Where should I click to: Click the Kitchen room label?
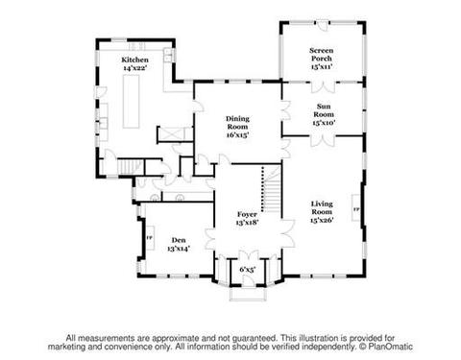134,60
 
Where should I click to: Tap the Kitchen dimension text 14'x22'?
134,68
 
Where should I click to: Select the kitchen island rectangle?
132,102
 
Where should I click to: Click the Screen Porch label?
322,55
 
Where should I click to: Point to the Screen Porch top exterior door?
323,26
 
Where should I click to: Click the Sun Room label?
324,110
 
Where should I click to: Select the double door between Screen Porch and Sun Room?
323,87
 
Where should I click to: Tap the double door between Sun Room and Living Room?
324,141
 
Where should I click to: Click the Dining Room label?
237,123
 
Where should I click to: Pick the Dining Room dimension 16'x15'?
237,135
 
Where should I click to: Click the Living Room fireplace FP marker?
356,209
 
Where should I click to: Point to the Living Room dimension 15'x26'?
322,220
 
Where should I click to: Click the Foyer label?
247,214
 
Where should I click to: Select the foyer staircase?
272,189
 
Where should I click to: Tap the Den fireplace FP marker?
149,237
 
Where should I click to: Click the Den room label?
179,240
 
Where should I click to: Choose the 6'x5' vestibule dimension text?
248,270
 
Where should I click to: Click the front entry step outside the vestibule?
248,295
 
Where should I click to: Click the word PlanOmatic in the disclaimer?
390,347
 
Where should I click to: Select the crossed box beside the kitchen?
171,134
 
